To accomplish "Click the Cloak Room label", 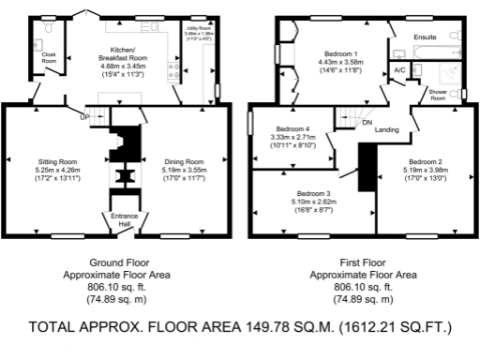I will [x=49, y=57].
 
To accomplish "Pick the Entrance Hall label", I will [x=124, y=219].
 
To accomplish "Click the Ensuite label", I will [x=427, y=37].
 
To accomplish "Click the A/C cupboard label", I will [x=399, y=70].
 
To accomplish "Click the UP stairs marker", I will [x=84, y=117].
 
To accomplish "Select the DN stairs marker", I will [x=367, y=122].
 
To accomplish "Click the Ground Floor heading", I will [x=120, y=262].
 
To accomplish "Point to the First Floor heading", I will [x=367, y=262].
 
